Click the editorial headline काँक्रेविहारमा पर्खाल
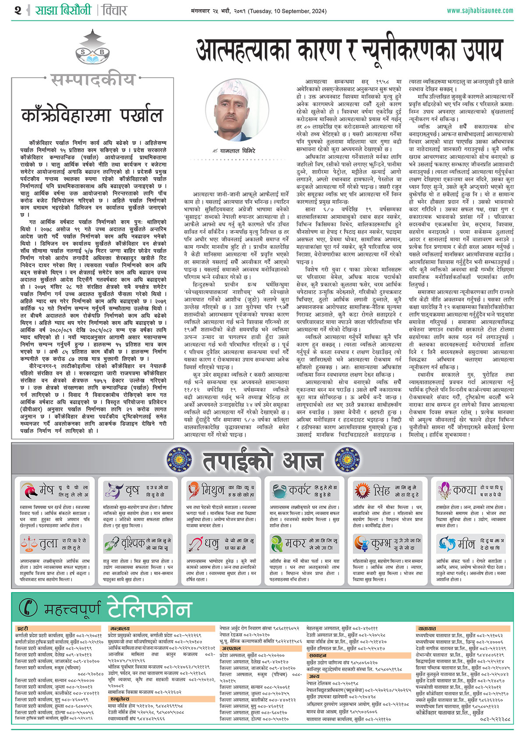(92, 116)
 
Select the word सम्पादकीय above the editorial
(92, 80)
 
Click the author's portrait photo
(237, 111)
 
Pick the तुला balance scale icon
(29, 544)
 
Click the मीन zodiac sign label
(466, 544)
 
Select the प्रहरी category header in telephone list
(22, 628)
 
